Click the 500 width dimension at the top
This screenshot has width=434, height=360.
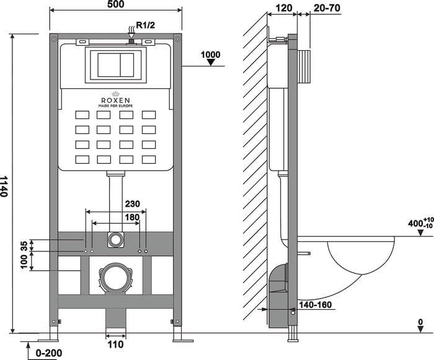pyautogui.click(x=115, y=5)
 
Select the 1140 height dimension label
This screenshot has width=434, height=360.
pyautogui.click(x=6, y=186)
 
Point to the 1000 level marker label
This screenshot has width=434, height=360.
pyautogui.click(x=211, y=55)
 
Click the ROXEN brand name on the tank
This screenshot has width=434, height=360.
pyautogui.click(x=115, y=99)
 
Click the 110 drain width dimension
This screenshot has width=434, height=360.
pyautogui.click(x=116, y=344)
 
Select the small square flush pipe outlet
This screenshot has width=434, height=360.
pyautogui.click(x=115, y=240)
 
